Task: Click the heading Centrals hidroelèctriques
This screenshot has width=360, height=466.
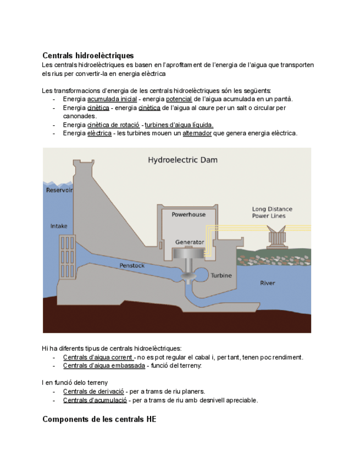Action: pyautogui.click(x=88, y=56)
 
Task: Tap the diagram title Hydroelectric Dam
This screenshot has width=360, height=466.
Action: pyautogui.click(x=182, y=160)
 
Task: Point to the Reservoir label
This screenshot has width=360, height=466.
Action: pyautogui.click(x=59, y=190)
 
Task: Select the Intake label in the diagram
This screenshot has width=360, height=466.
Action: pyautogui.click(x=59, y=226)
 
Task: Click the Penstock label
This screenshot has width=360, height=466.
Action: pyautogui.click(x=132, y=265)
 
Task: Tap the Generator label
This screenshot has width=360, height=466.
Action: pyautogui.click(x=189, y=242)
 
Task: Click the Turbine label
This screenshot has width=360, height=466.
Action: pyautogui.click(x=221, y=275)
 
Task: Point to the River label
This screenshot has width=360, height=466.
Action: pyautogui.click(x=267, y=283)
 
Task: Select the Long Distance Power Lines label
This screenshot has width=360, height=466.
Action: pyautogui.click(x=272, y=212)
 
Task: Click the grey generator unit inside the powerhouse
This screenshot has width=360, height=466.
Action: pyautogui.click(x=189, y=254)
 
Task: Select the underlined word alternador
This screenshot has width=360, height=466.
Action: pyautogui.click(x=197, y=134)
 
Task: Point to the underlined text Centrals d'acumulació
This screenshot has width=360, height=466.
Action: pyautogui.click(x=95, y=400)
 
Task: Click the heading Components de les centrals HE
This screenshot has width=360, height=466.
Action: pyautogui.click(x=99, y=419)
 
